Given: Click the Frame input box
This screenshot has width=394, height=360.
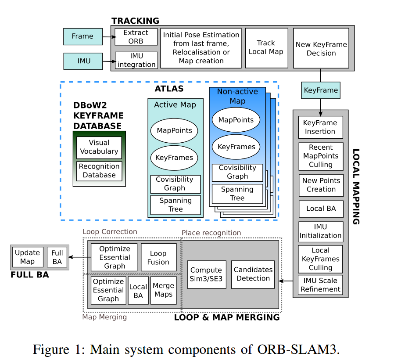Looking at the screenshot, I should tap(82, 36).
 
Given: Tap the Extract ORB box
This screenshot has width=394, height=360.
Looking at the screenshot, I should tap(136, 37).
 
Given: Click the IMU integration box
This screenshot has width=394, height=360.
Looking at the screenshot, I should tap(136, 60).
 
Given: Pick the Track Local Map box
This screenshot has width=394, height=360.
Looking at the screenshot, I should tap(266, 47).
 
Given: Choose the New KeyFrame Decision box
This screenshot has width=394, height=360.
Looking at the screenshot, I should tap(321, 49).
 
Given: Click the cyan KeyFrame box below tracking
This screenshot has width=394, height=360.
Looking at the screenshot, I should tap(321, 90).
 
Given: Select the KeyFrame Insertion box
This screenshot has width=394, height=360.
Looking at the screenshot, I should tap(320, 127).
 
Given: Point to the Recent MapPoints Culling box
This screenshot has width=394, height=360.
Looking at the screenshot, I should tap(320, 156).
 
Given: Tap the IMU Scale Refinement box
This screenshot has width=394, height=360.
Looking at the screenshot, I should tap(320, 285).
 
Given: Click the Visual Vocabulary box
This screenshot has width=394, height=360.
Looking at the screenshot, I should tap(99, 147).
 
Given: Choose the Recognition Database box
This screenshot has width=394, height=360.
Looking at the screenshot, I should tap(99, 171).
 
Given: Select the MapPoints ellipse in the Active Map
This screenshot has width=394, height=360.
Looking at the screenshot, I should tap(174, 131).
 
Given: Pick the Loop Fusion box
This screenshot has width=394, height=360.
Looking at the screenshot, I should tap(158, 258).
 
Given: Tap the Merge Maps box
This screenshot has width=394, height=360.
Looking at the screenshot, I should tap(163, 290).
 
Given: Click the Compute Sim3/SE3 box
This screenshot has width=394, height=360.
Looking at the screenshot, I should tap(206, 275).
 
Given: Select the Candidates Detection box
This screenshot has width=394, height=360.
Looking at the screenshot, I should tap(253, 274).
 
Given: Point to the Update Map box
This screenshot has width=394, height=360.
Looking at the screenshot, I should tap(27, 257).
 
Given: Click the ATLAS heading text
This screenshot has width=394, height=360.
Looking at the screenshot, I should tap(169, 89).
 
